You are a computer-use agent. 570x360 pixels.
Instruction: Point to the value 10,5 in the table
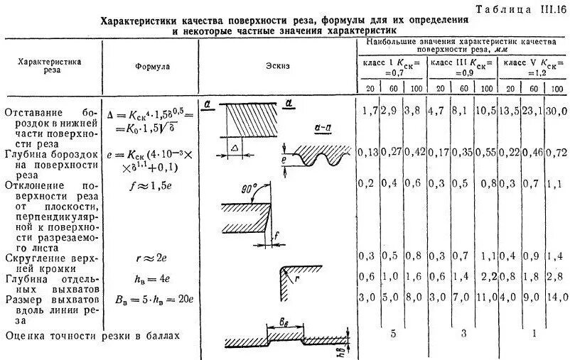click(x=485, y=112)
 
